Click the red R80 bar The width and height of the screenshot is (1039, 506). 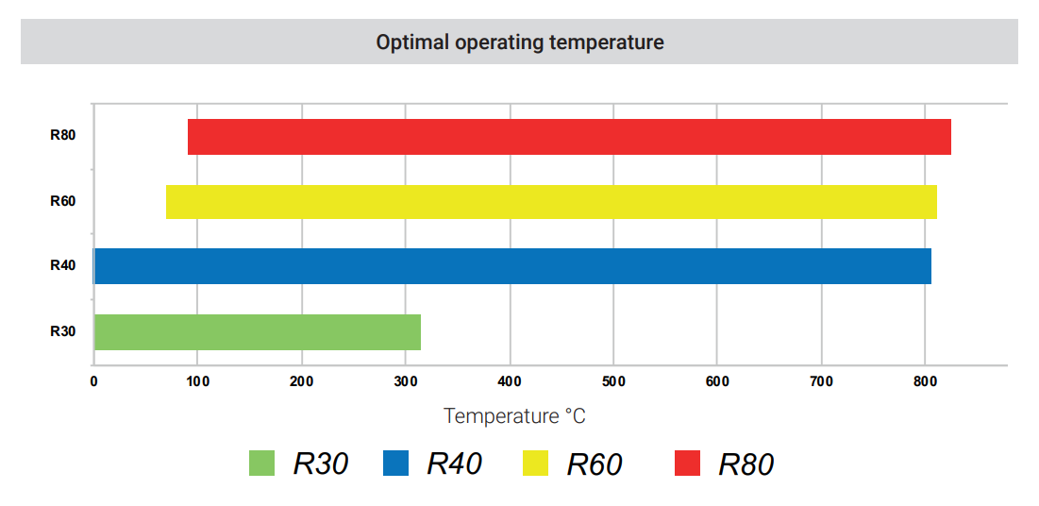click(569, 137)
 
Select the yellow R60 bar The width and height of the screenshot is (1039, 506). click(551, 202)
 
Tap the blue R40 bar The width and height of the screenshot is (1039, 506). click(512, 266)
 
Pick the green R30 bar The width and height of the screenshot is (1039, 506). click(257, 332)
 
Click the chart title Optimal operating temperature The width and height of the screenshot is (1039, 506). click(520, 42)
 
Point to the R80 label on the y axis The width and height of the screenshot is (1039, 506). click(62, 134)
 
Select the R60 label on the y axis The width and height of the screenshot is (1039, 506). click(62, 200)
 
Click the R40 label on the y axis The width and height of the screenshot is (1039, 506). click(62, 265)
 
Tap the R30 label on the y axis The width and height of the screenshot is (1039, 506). click(62, 331)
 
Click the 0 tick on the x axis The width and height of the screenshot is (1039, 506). click(93, 381)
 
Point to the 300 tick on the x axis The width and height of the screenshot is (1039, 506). click(406, 381)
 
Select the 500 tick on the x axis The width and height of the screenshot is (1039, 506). click(613, 381)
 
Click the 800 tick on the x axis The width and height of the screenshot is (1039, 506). click(925, 381)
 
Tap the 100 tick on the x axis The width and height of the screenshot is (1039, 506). click(197, 381)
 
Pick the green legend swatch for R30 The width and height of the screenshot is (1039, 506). click(261, 464)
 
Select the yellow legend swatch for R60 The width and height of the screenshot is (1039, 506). click(535, 464)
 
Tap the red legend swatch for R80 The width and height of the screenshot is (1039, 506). click(687, 464)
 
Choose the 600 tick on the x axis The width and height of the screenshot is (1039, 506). click(717, 381)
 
